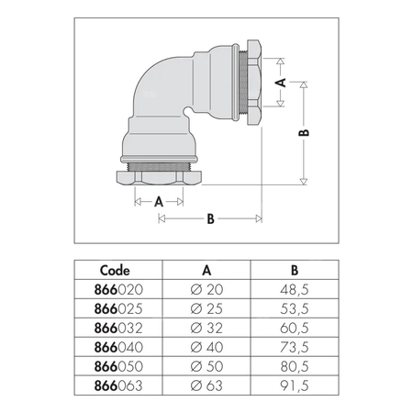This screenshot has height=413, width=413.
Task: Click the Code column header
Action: pos(115,271)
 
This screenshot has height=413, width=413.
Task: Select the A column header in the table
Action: pos(206,271)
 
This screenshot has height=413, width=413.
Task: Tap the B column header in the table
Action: pos(295,271)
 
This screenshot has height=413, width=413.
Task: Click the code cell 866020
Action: pos(118,290)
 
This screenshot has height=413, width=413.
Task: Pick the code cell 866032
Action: pos(118,329)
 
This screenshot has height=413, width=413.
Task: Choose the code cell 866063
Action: pos(118,385)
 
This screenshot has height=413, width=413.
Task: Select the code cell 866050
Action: pos(118,366)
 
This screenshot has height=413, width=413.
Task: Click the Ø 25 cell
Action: pos(206,309)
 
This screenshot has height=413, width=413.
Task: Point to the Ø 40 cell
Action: pos(206,347)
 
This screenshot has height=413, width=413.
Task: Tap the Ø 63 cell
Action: pos(206,385)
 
